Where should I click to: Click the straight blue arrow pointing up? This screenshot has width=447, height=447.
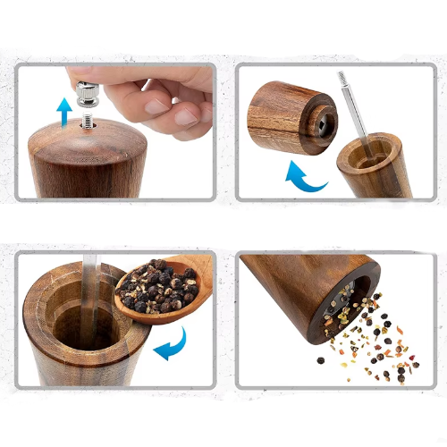point(64,112)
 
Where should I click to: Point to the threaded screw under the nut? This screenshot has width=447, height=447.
point(89,114)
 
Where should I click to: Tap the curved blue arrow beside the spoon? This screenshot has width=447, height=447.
point(175,343)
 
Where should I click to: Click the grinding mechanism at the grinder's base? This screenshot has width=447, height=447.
point(354,300)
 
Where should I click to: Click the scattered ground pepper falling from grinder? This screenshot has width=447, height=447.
point(367,344)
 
